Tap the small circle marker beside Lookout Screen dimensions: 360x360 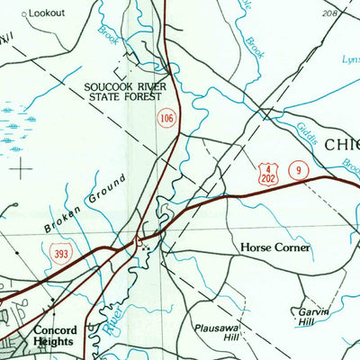click(x=25, y=14)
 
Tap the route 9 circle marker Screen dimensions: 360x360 click(x=297, y=169)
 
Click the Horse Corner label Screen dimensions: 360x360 click(x=274, y=247)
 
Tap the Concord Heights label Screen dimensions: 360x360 click(x=56, y=336)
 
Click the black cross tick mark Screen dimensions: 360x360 click(x=22, y=167)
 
